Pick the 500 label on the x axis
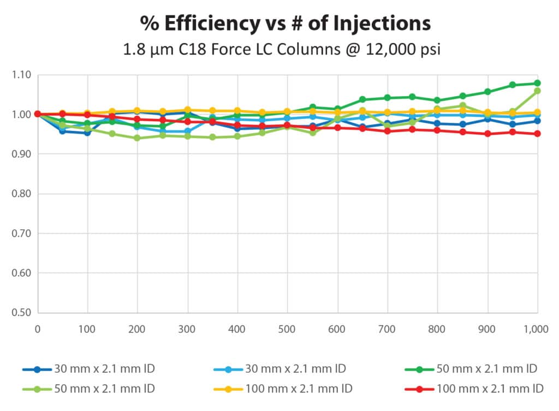click(x=287, y=329)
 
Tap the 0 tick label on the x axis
click(x=37, y=329)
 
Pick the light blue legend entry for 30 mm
click(x=281, y=368)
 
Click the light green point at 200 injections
click(x=137, y=138)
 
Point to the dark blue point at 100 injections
click(x=87, y=133)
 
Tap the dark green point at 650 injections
click(x=362, y=99)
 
